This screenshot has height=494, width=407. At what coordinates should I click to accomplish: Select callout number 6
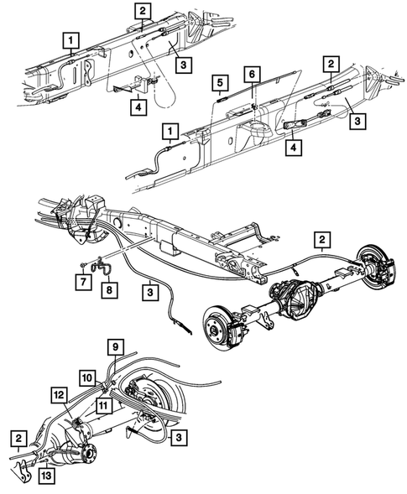point(249,75)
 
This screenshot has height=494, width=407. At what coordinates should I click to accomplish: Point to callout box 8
point(107,288)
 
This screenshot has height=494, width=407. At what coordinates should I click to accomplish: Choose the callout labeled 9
point(117,346)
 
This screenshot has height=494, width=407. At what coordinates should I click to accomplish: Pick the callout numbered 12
point(59,394)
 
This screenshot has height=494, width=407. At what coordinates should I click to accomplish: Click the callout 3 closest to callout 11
point(178,436)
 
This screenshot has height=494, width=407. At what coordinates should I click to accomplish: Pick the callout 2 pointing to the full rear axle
point(321,240)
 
